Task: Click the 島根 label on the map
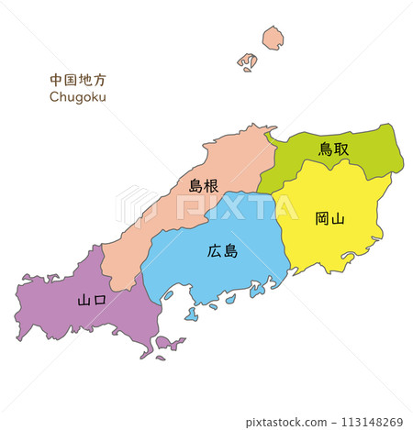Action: pyautogui.click(x=203, y=185)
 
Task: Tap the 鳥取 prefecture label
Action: pyautogui.click(x=333, y=148)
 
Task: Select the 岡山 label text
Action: pyautogui.click(x=329, y=218)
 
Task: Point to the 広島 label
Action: pyautogui.click(x=222, y=250)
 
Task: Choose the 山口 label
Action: pyautogui.click(x=92, y=300)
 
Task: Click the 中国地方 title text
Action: pyautogui.click(x=78, y=80)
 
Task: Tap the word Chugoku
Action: pyautogui.click(x=78, y=95)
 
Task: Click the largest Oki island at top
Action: pyautogui.click(x=273, y=39)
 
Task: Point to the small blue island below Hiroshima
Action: pyautogui.click(x=191, y=314)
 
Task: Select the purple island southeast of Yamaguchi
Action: pyautogui.click(x=170, y=344)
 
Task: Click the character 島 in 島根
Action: pyautogui.click(x=195, y=185)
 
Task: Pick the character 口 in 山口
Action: pyautogui.click(x=99, y=300)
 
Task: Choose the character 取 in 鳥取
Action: pyautogui.click(x=340, y=148)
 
